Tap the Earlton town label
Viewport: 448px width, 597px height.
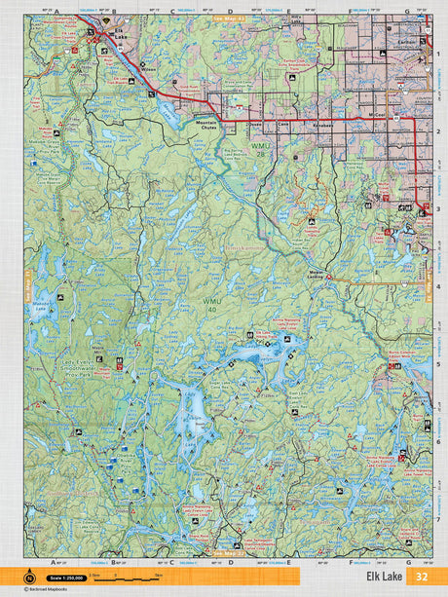tap(406, 42)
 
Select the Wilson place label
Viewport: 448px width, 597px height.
tap(149, 70)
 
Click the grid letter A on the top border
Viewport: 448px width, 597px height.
tap(56, 13)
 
